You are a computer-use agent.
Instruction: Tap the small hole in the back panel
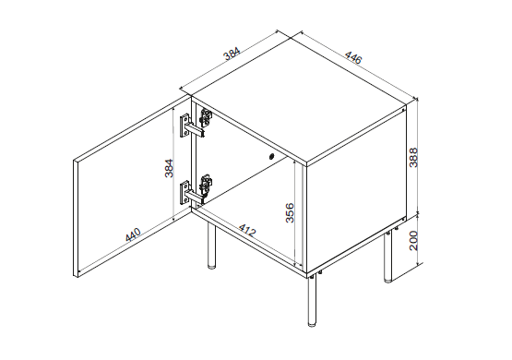(x=272, y=157)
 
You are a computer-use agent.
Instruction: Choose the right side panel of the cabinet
(x=355, y=198)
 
